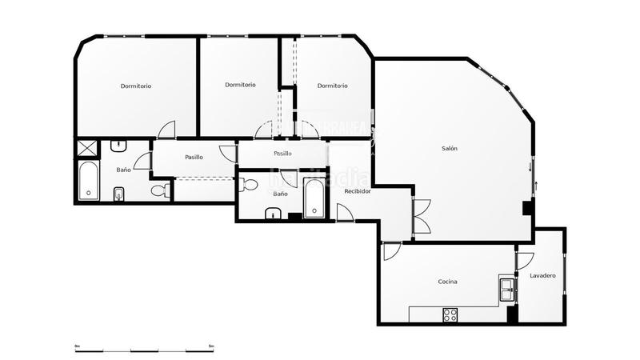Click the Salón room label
coord(450,149)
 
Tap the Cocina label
coord(447,282)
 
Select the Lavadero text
coord(542,276)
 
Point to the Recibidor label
coord(357,192)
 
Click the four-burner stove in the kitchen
coord(450,315)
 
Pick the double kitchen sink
coord(506,287)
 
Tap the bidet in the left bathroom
coord(119,193)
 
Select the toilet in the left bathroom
coord(159,190)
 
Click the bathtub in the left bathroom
coord(87,182)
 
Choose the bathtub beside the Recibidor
coord(314,198)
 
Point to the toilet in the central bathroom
coord(249,185)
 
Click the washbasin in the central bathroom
coord(272,213)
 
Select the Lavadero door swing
coord(524,260)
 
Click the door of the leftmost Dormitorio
coord(166,130)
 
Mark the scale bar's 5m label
coord(211,346)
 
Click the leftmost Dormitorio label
coord(136,86)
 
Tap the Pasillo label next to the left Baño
coord(194,157)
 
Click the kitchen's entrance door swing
coord(390,251)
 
